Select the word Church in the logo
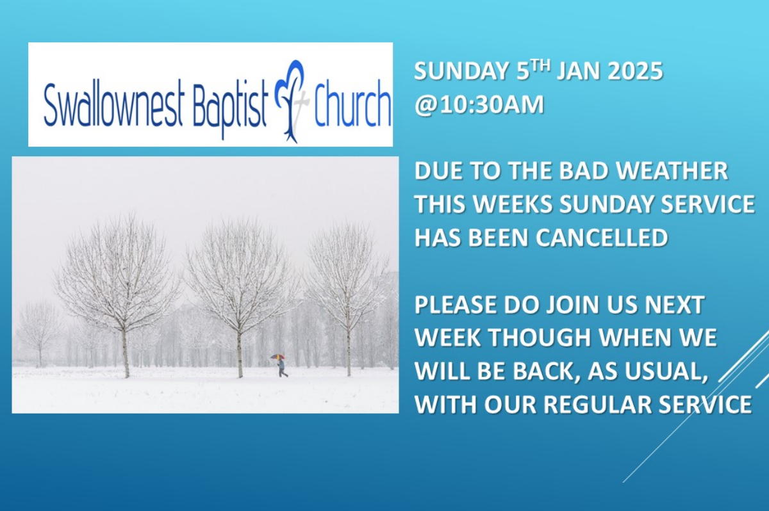pyautogui.click(x=352, y=102)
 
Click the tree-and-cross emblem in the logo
pyautogui.click(x=291, y=102)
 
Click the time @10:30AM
pyautogui.click(x=479, y=104)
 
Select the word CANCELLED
pyautogui.click(x=602, y=238)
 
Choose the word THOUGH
pyautogui.click(x=542, y=338)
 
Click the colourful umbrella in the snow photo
pyautogui.click(x=277, y=357)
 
